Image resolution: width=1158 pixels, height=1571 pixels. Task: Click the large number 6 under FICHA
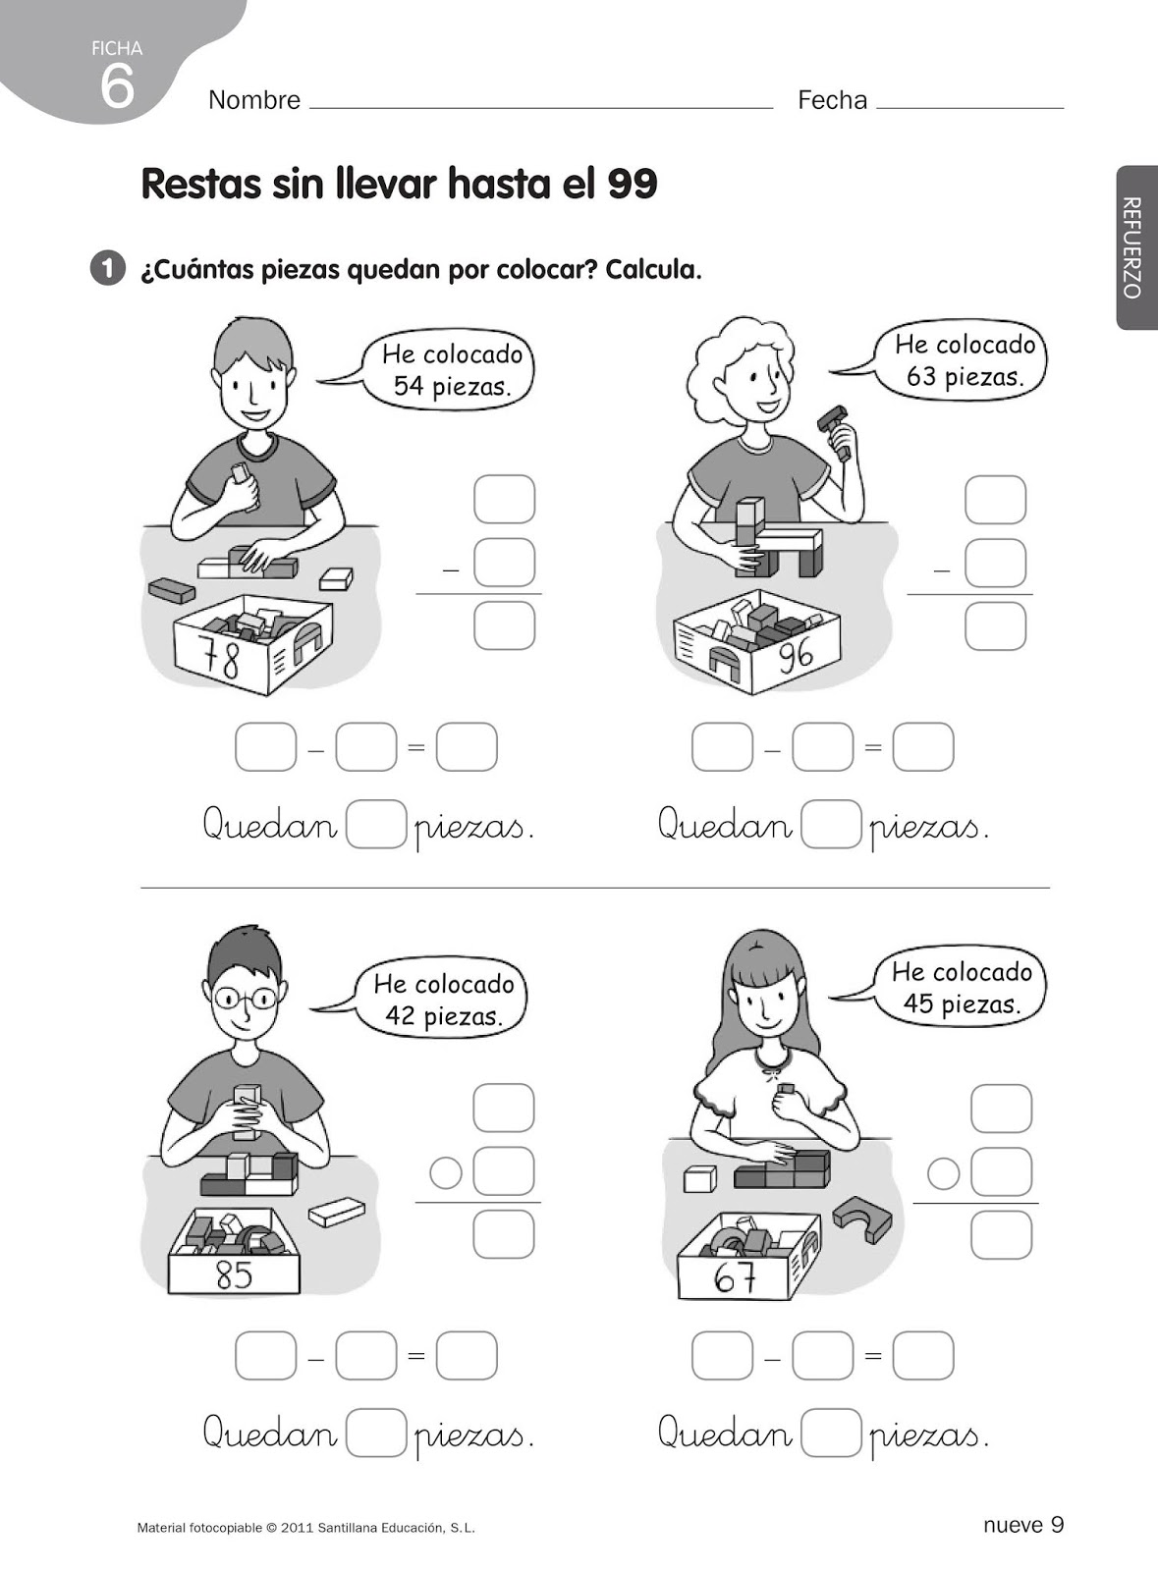(x=117, y=86)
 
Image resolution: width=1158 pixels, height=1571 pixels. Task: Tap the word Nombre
(x=254, y=100)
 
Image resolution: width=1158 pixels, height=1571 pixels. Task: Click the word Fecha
(x=833, y=100)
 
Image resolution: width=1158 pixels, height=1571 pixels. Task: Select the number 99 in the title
(x=633, y=184)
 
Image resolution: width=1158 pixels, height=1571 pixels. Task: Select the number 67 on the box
(x=735, y=1277)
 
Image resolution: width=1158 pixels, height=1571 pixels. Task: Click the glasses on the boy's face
(x=245, y=998)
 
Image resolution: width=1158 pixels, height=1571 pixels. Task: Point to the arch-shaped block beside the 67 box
(x=862, y=1219)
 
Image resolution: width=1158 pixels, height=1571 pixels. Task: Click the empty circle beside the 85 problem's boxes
(x=445, y=1172)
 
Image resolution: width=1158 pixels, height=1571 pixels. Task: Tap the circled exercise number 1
(x=107, y=269)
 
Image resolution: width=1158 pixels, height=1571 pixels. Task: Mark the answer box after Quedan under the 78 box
(x=376, y=824)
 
